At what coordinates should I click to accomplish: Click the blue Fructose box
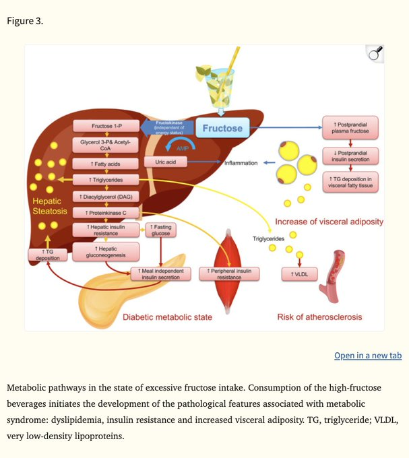click(219, 128)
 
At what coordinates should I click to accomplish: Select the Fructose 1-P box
click(106, 126)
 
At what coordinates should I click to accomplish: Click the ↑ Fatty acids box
click(106, 164)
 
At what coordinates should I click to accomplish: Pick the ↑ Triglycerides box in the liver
click(106, 180)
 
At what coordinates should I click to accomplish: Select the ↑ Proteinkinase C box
click(106, 212)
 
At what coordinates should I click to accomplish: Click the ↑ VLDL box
click(299, 274)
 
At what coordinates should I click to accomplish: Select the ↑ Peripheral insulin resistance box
click(230, 273)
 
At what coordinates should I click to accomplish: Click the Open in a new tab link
click(367, 355)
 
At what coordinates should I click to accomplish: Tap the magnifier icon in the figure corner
click(375, 54)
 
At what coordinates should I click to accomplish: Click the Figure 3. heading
click(25, 20)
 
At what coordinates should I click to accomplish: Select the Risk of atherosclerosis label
click(319, 317)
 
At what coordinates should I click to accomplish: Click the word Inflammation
click(241, 163)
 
